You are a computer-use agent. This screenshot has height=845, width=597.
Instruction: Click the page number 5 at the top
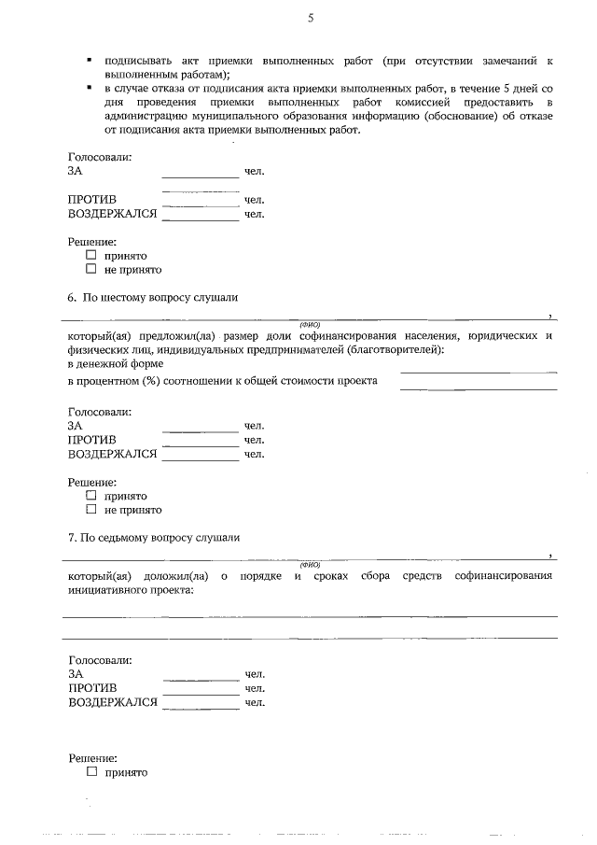pyautogui.click(x=310, y=19)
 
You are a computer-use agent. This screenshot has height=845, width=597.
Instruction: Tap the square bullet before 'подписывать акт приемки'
pyautogui.click(x=89, y=60)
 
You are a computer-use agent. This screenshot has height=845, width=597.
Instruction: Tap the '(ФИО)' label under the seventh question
pyautogui.click(x=310, y=565)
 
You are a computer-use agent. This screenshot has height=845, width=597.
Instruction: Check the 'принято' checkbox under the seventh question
pyautogui.click(x=91, y=772)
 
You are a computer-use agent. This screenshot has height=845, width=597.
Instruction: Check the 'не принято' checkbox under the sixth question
pyautogui.click(x=91, y=510)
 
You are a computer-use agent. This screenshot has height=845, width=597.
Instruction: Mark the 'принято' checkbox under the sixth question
pyautogui.click(x=91, y=496)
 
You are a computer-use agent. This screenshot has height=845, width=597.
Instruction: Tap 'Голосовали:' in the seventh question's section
pyautogui.click(x=100, y=660)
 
